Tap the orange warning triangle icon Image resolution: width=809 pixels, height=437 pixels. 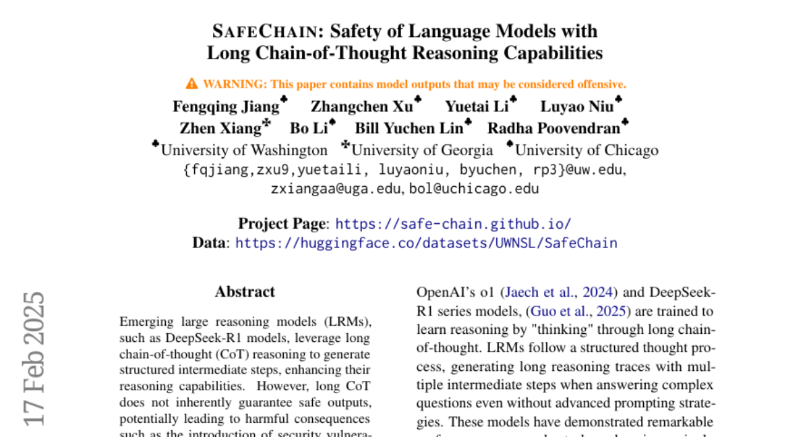pyautogui.click(x=191, y=84)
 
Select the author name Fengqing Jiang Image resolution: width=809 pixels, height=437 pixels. pyautogui.click(x=226, y=107)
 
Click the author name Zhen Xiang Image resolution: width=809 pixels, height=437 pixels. pyautogui.click(x=220, y=128)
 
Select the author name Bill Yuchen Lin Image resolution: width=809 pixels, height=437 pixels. pyautogui.click(x=409, y=128)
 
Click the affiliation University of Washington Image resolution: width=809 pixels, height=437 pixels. pyautogui.click(x=244, y=150)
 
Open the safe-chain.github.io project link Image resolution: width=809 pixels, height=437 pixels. pyautogui.click(x=453, y=224)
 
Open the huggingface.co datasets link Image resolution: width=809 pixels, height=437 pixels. pyautogui.click(x=426, y=243)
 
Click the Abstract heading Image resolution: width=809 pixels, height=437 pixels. pyautogui.click(x=245, y=292)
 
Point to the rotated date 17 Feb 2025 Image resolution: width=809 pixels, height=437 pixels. pyautogui.click(x=34, y=357)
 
